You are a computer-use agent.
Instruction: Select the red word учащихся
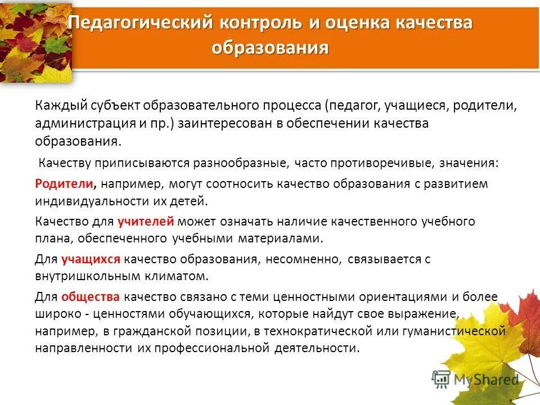click(x=91, y=259)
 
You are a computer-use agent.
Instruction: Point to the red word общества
click(x=90, y=296)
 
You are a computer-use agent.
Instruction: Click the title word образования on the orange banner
click(x=270, y=48)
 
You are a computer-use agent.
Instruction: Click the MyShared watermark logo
click(x=475, y=379)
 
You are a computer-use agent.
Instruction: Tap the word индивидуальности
click(x=94, y=201)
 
